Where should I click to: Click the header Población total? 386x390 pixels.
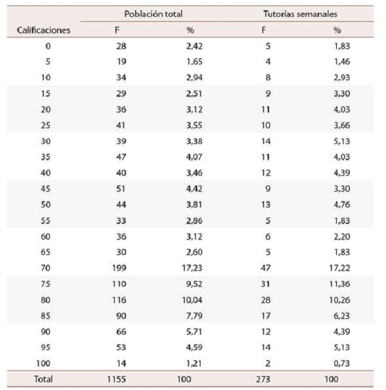(x=153, y=13)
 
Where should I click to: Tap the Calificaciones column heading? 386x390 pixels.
(x=43, y=29)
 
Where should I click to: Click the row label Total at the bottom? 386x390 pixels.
(x=43, y=379)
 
